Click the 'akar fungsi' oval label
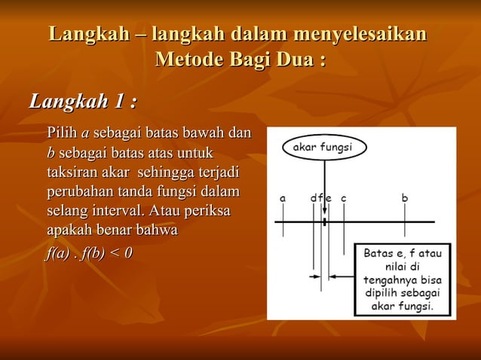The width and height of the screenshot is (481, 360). tap(322, 147)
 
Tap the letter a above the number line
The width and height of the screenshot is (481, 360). tap(283, 198)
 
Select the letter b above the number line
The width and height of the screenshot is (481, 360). tap(405, 198)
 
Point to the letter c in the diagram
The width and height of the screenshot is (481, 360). tap(343, 198)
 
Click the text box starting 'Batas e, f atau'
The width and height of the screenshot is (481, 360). tap(403, 279)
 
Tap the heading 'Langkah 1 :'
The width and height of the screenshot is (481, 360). tap(83, 100)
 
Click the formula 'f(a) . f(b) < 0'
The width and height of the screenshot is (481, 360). tap(89, 252)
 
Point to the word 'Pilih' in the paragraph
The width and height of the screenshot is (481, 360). tap(62, 134)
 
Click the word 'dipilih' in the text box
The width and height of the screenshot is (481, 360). tap(382, 293)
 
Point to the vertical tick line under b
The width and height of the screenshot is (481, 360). tap(405, 226)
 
